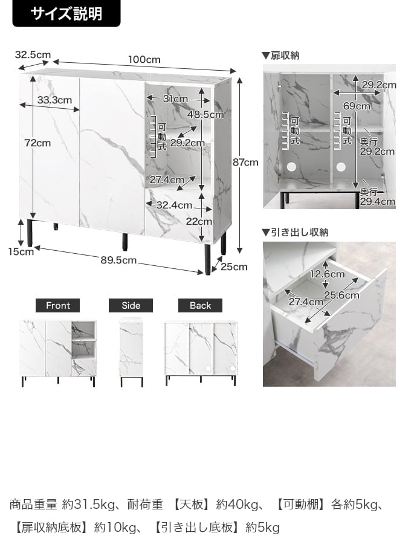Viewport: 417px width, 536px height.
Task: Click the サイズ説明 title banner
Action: tap(66, 13)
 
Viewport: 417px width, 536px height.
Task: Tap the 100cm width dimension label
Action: tap(144, 59)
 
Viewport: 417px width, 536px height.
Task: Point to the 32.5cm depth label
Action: tap(33, 54)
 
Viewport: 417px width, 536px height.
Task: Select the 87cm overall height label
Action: tap(245, 162)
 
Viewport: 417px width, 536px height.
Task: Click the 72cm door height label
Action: tap(37, 143)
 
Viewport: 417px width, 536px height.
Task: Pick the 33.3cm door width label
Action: tap(54, 100)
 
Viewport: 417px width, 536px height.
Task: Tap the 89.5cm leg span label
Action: tap(118, 260)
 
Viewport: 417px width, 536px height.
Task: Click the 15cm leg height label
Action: tap(21, 252)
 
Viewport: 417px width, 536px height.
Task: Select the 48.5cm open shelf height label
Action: tap(205, 114)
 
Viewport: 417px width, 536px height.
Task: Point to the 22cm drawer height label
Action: tap(199, 222)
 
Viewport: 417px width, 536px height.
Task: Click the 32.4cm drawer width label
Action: tap(174, 205)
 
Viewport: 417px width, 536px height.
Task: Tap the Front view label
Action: tap(58, 305)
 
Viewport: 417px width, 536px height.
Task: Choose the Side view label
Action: tap(131, 305)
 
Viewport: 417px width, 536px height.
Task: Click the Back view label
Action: tap(200, 305)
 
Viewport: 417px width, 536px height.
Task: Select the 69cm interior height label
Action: tap(357, 106)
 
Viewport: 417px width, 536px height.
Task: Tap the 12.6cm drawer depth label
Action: tap(328, 274)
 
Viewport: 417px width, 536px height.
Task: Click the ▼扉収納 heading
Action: tap(280, 56)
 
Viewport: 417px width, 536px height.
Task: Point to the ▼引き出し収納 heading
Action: tap(295, 233)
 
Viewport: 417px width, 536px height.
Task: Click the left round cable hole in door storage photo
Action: tap(291, 167)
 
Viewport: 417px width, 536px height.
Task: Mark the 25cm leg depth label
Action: tap(234, 266)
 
